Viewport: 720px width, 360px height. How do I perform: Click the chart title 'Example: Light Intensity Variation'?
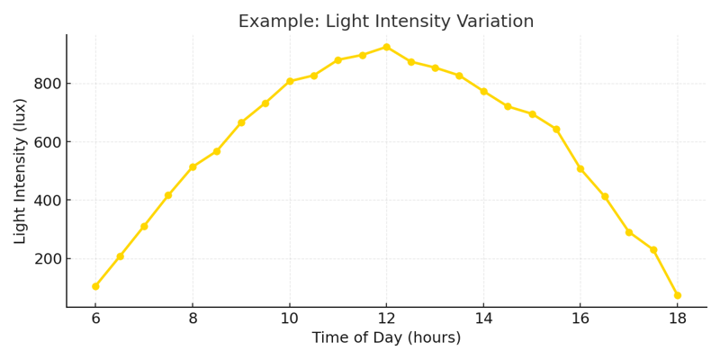pyautogui.click(x=398, y=22)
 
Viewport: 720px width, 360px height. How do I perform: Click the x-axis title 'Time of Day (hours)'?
pyautogui.click(x=386, y=338)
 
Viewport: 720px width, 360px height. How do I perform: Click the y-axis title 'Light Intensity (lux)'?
pyautogui.click(x=21, y=171)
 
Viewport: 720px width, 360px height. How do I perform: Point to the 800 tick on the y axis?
pyautogui.click(x=46, y=84)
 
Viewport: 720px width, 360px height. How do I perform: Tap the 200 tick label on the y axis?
pyautogui.click(x=46, y=258)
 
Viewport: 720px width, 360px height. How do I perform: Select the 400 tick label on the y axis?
pyautogui.click(x=46, y=200)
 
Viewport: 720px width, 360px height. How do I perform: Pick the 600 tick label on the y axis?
pyautogui.click(x=46, y=142)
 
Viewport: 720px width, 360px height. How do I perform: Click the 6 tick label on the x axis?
pyautogui.click(x=95, y=318)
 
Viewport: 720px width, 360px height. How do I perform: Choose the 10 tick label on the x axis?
pyautogui.click(x=289, y=318)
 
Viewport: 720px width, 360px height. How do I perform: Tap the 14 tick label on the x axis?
pyautogui.click(x=483, y=318)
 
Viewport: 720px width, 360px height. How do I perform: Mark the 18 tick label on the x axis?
pyautogui.click(x=678, y=318)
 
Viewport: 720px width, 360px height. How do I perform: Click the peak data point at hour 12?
pyautogui.click(x=386, y=47)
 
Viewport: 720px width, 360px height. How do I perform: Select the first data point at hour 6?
pyautogui.click(x=95, y=286)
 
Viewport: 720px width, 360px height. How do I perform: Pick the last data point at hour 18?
pyautogui.click(x=678, y=295)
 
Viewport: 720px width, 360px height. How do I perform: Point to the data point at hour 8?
pyautogui.click(x=193, y=167)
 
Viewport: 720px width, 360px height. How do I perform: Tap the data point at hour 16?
pyautogui.click(x=580, y=169)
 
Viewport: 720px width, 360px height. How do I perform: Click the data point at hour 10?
pyautogui.click(x=290, y=81)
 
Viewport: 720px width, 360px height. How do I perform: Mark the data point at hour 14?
pyautogui.click(x=483, y=91)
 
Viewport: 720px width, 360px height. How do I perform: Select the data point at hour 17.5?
pyautogui.click(x=653, y=250)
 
